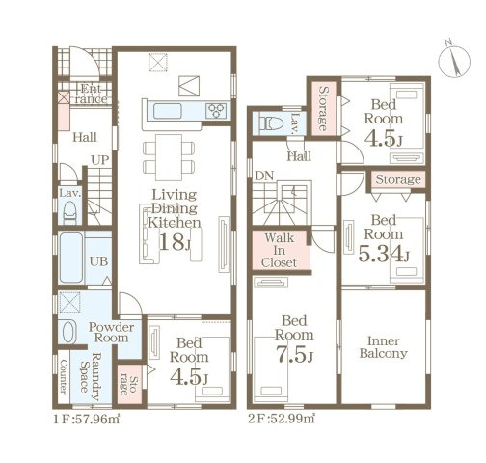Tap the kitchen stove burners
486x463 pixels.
(x=216, y=111)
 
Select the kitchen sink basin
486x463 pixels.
(x=168, y=111)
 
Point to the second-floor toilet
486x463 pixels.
(x=271, y=123)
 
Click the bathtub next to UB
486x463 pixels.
(x=71, y=258)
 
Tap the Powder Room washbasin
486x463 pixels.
(x=68, y=332)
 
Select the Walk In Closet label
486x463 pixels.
(x=280, y=250)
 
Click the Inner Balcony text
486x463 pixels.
(x=384, y=347)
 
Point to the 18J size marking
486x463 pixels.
(x=175, y=242)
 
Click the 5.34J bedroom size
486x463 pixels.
(x=384, y=253)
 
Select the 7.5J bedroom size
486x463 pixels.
(x=294, y=354)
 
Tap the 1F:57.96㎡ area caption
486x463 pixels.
(x=87, y=420)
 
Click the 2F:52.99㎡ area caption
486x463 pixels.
(x=282, y=419)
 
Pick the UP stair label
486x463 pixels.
(x=100, y=160)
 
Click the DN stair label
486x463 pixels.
(x=264, y=176)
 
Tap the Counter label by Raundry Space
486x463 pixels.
(x=64, y=376)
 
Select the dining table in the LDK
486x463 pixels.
(x=169, y=157)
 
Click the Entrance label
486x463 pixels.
(x=91, y=94)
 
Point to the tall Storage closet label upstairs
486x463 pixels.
(x=323, y=108)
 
